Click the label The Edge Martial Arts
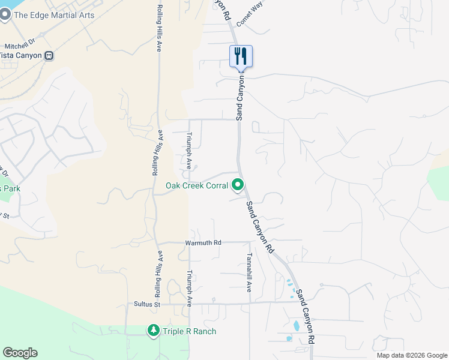(x=54, y=15)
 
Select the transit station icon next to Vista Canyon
(x=49, y=56)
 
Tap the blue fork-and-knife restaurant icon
(x=241, y=56)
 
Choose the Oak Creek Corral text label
(x=197, y=186)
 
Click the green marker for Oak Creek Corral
(x=238, y=185)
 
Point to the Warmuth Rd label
(x=203, y=242)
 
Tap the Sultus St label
(x=149, y=305)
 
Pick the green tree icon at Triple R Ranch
(x=153, y=331)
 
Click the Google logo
(x=20, y=353)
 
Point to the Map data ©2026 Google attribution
(x=412, y=355)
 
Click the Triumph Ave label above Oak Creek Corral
(x=189, y=150)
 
